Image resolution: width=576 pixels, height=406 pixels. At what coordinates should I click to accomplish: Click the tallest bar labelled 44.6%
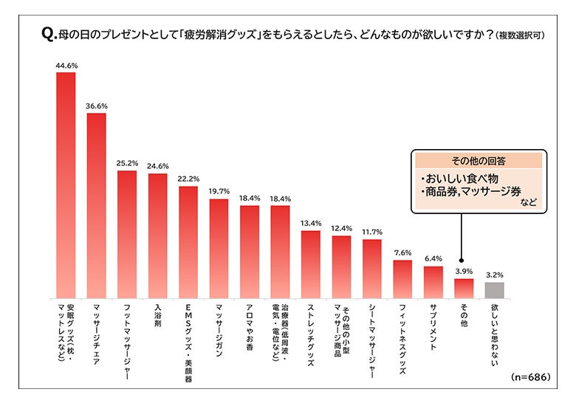click(66, 185)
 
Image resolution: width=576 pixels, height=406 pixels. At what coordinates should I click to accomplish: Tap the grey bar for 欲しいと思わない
click(494, 290)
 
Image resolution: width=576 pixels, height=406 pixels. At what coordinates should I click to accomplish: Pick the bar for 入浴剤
click(157, 236)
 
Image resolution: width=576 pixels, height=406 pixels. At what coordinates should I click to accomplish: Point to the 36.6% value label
click(97, 106)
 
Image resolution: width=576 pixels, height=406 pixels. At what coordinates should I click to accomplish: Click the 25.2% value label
click(127, 164)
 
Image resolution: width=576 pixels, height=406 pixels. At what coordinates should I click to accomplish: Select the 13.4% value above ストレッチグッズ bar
click(311, 224)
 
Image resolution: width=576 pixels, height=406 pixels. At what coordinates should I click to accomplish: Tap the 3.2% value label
click(494, 275)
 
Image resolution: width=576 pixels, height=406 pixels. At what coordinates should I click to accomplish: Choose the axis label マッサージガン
click(219, 328)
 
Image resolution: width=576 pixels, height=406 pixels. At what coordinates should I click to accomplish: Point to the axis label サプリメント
click(433, 325)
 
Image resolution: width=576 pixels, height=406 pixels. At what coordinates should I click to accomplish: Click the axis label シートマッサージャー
click(372, 340)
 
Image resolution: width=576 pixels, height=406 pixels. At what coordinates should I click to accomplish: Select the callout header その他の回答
click(479, 159)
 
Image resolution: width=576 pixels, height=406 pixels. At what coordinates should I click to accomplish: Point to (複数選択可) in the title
click(520, 35)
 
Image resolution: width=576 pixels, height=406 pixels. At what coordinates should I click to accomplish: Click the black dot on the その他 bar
click(463, 269)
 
